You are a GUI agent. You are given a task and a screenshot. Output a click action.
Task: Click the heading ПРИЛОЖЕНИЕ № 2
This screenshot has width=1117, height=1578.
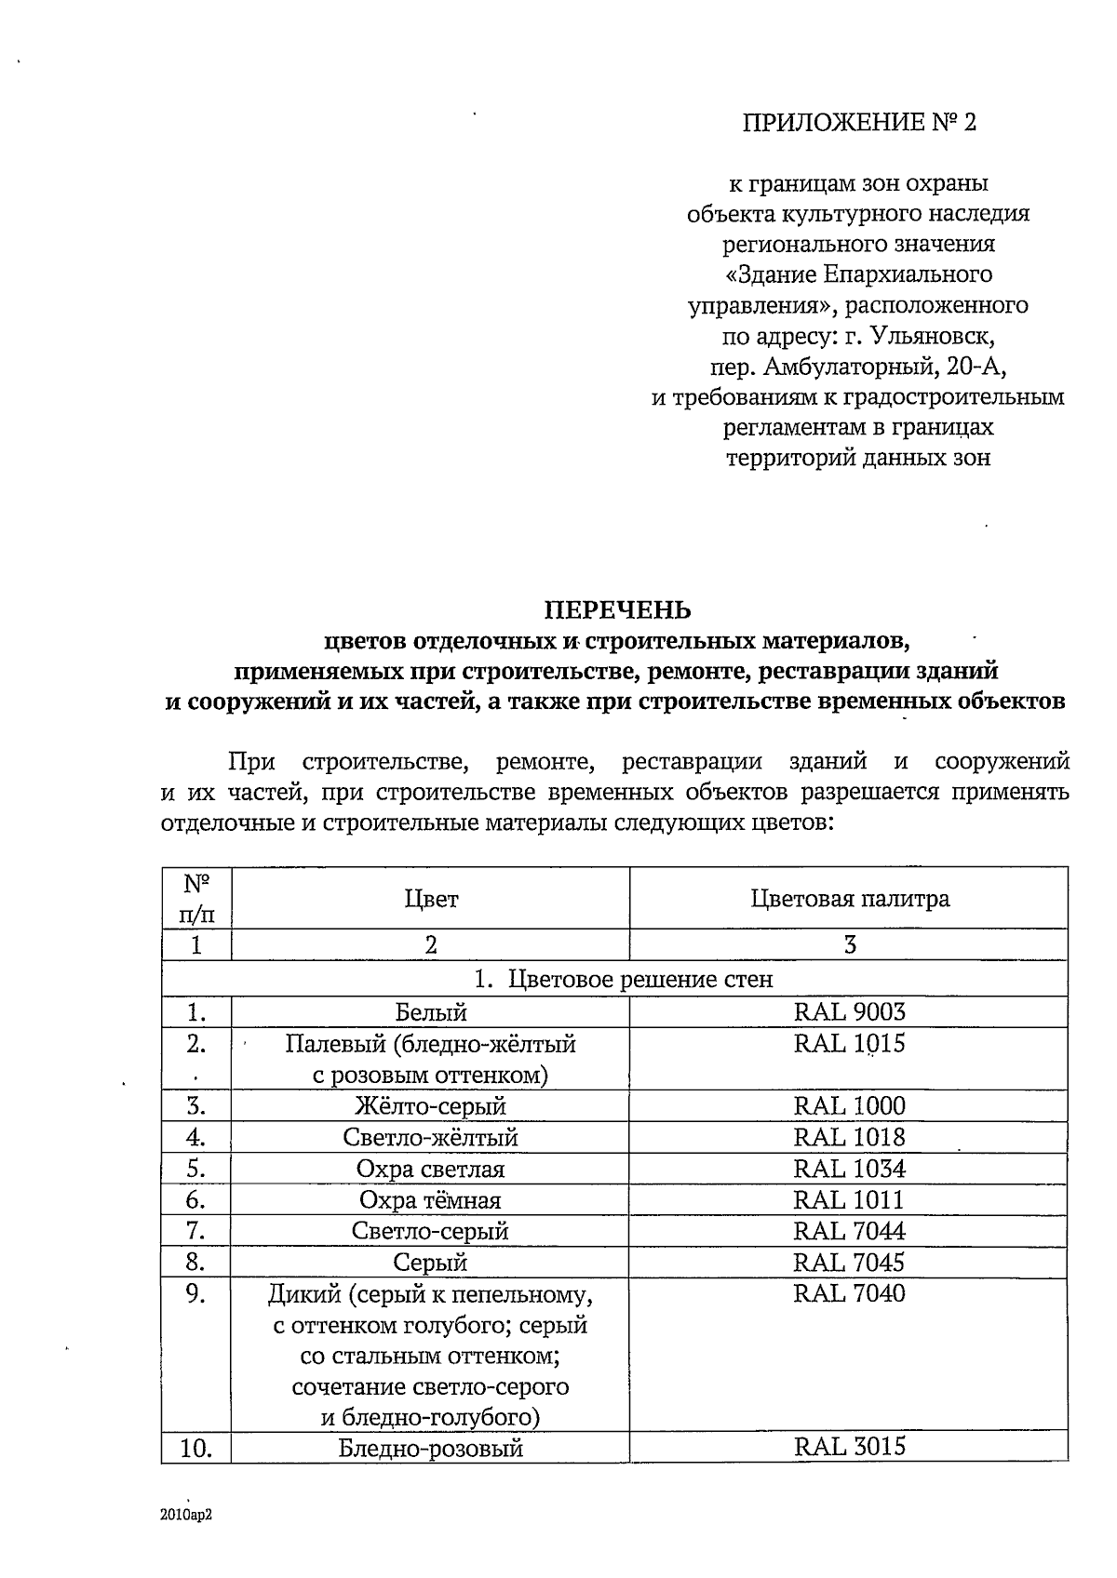pyautogui.click(x=859, y=124)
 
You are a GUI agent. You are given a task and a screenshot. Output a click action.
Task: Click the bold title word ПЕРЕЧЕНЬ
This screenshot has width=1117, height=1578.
pyautogui.click(x=618, y=609)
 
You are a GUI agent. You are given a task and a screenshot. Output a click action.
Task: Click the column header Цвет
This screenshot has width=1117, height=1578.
pyautogui.click(x=431, y=899)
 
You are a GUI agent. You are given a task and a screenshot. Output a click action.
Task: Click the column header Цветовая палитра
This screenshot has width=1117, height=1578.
pyautogui.click(x=849, y=899)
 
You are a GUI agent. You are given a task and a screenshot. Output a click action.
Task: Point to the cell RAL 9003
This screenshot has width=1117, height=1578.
pyautogui.click(x=849, y=1011)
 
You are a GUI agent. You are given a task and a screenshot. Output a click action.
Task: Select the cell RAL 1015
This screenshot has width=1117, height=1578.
pyautogui.click(x=849, y=1043)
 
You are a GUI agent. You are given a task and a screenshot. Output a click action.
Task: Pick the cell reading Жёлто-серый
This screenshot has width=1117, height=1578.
pyautogui.click(x=430, y=1106)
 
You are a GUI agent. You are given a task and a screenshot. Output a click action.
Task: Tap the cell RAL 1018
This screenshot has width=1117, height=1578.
pyautogui.click(x=849, y=1137)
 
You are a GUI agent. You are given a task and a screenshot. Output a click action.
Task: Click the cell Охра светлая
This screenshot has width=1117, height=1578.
pyautogui.click(x=430, y=1169)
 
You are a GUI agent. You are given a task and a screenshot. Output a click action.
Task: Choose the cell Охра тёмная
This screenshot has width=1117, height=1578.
pyautogui.click(x=430, y=1200)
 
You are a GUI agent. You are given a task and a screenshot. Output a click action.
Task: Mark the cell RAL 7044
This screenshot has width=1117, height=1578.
pyautogui.click(x=849, y=1231)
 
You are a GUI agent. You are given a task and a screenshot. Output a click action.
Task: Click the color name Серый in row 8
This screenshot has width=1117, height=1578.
pyautogui.click(x=430, y=1263)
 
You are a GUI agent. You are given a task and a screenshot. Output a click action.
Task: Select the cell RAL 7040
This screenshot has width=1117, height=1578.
pyautogui.click(x=849, y=1293)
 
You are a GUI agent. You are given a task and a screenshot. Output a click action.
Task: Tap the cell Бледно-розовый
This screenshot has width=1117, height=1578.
pyautogui.click(x=430, y=1449)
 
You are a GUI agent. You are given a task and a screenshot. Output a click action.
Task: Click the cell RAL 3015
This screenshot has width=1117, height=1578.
pyautogui.click(x=849, y=1447)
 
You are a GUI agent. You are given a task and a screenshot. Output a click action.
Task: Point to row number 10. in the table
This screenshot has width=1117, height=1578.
pyautogui.click(x=195, y=1449)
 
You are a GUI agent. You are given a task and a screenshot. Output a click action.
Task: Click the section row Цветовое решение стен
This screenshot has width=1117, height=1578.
pyautogui.click(x=624, y=980)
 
